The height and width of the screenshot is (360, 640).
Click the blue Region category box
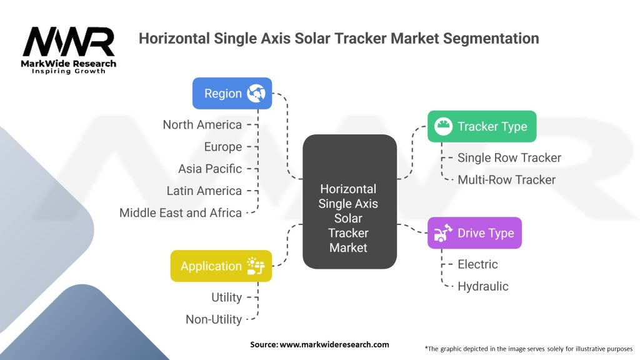coord(232,93)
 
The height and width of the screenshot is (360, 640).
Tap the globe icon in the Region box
coord(256,94)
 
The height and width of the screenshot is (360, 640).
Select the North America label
coord(202,124)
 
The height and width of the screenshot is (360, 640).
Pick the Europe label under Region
coord(222,147)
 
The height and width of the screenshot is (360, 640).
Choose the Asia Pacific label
coord(209,169)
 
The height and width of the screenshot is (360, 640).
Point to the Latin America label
coord(204,191)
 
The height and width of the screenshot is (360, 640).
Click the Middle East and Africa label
coord(181,212)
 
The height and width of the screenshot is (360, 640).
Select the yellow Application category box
coord(221,266)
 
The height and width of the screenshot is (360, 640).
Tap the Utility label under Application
coord(226,297)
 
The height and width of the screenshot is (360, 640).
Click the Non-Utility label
coord(213,319)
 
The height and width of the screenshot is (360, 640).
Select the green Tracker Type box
coord(481,126)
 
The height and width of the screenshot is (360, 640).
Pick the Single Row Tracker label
coord(509,157)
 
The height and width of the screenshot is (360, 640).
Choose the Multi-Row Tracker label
coord(506,179)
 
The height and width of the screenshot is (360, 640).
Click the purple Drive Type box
coord(474,233)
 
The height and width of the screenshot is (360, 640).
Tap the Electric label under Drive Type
coord(477,264)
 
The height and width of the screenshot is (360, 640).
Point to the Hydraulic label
coord(482,286)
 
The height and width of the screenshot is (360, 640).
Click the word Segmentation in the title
coord(484,38)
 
